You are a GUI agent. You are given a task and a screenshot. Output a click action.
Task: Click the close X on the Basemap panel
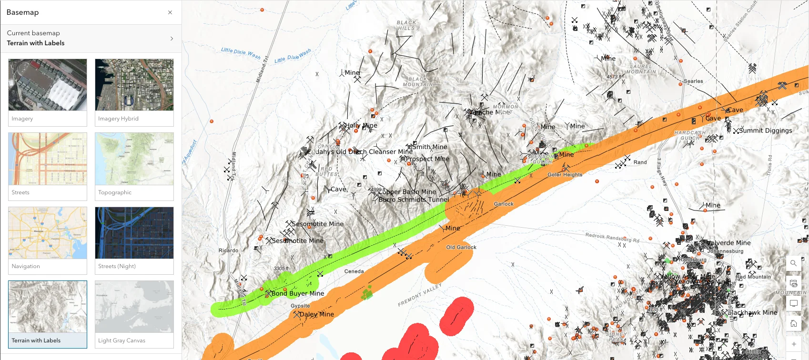[170, 12]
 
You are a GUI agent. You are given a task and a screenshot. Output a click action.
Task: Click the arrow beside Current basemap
[172, 39]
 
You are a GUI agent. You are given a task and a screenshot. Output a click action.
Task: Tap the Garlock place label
[504, 204]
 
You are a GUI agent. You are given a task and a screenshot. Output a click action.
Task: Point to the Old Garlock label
[461, 247]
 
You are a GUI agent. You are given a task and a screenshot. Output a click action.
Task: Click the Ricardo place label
[228, 250]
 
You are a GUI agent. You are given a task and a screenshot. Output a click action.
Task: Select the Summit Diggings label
[766, 130]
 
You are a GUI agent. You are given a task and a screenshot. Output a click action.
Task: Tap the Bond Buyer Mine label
[297, 293]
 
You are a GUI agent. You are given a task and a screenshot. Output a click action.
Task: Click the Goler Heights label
[565, 175]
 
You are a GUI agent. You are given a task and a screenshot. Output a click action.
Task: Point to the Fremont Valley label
[420, 295]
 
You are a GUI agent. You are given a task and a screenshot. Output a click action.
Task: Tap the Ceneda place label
[354, 271]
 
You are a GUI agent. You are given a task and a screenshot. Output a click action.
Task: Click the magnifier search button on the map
[793, 263]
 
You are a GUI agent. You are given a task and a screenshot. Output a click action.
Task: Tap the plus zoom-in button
[793, 344]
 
